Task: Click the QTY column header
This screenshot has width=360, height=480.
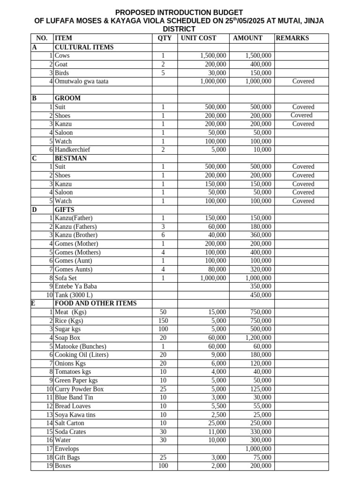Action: (x=165, y=38)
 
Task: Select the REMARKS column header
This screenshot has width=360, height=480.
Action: (x=292, y=38)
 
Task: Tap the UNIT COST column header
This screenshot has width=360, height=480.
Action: (x=198, y=38)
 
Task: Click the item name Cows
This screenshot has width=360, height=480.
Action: (x=62, y=56)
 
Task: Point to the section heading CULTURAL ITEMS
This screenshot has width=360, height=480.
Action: (x=84, y=47)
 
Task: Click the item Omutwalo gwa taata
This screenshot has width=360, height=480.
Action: (x=81, y=81)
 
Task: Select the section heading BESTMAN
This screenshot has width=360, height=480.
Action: (x=71, y=158)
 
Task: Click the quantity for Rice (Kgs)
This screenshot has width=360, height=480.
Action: (x=163, y=321)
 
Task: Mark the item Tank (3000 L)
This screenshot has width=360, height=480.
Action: (x=75, y=295)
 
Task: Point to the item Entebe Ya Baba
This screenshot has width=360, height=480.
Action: (x=76, y=286)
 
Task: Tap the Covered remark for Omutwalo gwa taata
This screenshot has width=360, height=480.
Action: (x=303, y=81)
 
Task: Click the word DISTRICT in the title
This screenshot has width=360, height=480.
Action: (x=180, y=29)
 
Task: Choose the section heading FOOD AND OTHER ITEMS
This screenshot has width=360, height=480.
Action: (x=96, y=303)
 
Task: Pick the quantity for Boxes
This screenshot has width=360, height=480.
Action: (x=163, y=466)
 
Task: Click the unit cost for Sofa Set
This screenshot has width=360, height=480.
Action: (x=213, y=277)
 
